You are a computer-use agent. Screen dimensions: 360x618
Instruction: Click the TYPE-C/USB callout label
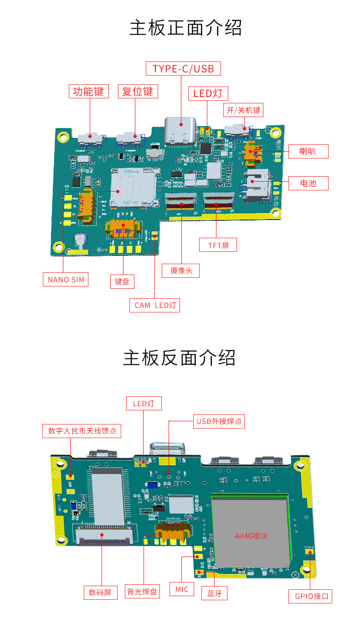pos(183,69)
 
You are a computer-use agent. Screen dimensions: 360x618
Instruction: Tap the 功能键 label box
pos(89,91)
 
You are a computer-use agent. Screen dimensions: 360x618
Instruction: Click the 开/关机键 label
pos(244,110)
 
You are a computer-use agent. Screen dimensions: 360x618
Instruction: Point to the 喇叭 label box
pos(308,151)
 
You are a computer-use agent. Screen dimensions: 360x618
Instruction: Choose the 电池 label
pos(308,183)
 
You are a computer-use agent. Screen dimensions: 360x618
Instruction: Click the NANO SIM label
pos(66,279)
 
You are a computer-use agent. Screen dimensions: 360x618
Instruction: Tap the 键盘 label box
pos(122,281)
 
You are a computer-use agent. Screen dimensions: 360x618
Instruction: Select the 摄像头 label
pos(181,270)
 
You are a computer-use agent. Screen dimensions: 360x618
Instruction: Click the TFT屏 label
pos(218,245)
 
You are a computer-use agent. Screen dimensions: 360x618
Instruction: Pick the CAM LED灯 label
pos(155,305)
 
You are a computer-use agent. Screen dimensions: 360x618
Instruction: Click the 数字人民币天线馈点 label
pos(82,431)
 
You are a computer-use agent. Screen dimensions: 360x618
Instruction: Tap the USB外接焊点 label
pos(219,421)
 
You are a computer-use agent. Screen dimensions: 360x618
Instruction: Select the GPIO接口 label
pos(311,596)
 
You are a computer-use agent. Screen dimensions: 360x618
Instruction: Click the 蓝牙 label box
pos(214,593)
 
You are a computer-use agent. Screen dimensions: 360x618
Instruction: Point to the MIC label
pos(181,589)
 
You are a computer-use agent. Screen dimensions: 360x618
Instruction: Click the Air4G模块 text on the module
pos(251,536)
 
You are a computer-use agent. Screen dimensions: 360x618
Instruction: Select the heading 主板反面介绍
pos(180,358)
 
